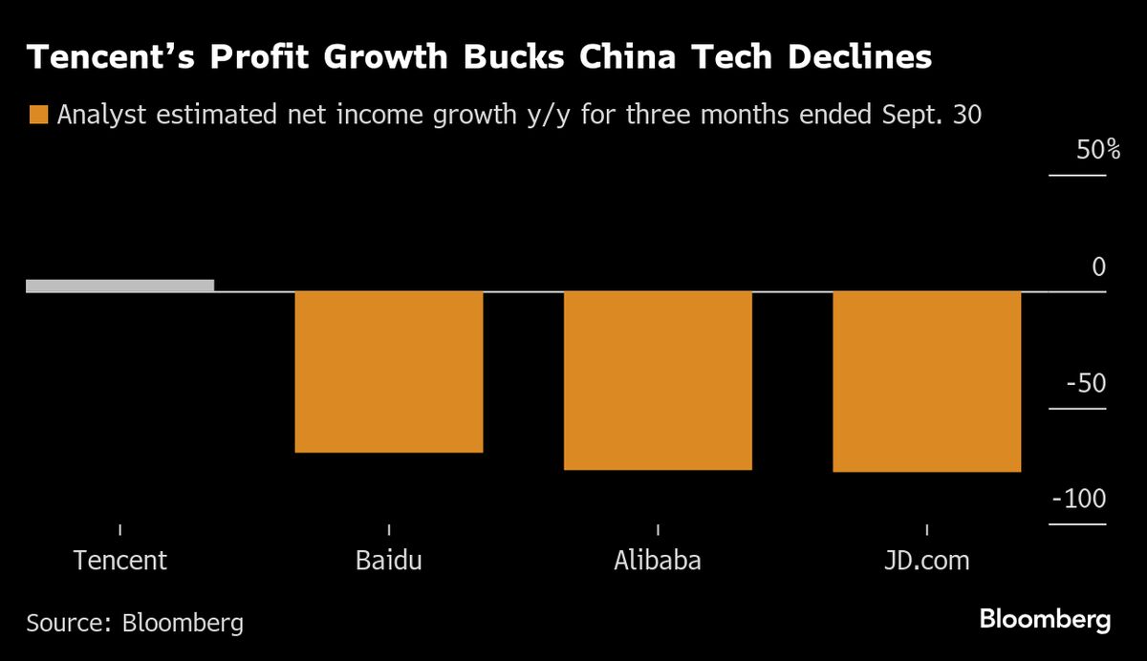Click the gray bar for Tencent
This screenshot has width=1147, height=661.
(119, 286)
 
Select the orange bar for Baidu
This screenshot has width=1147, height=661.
(389, 372)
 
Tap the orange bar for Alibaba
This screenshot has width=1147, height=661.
(658, 380)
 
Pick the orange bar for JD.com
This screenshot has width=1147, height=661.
(927, 381)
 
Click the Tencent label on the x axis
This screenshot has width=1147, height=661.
(119, 560)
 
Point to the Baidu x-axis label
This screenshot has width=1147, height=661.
(389, 560)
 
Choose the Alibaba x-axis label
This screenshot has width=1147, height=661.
(658, 560)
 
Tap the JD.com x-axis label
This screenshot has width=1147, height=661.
(927, 560)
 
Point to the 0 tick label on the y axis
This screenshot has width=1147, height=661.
(1098, 267)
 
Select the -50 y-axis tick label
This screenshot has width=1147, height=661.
(1087, 384)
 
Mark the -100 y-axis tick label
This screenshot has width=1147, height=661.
(1079, 501)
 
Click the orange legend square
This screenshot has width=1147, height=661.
(38, 116)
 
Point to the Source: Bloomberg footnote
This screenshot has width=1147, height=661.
(135, 624)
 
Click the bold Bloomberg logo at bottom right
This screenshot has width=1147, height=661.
(1045, 620)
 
